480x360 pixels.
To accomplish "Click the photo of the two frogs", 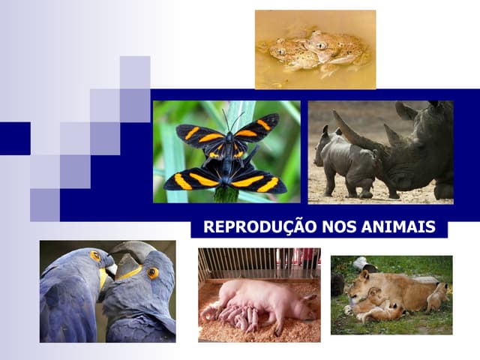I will tap(315, 49).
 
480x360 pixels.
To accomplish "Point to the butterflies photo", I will tap(226, 152).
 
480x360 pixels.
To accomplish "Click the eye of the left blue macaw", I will tap(95, 256).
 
